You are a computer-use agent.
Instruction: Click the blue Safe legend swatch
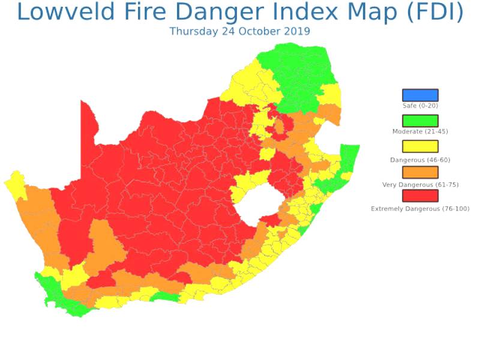point(420,95)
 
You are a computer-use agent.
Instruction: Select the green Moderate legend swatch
point(420,121)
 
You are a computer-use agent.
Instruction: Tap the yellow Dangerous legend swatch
point(420,146)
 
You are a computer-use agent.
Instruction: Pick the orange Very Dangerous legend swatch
point(420,171)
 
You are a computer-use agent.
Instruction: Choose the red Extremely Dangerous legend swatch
point(420,196)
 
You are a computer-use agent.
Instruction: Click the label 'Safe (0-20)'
point(420,106)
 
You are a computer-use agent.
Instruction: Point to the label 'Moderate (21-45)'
point(420,131)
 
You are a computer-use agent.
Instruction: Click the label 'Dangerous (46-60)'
point(420,160)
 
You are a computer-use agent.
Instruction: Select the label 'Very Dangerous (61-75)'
point(420,184)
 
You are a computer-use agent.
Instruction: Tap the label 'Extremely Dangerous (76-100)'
point(420,208)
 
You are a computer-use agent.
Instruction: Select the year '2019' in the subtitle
point(298,31)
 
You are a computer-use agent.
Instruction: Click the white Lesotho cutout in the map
point(257,204)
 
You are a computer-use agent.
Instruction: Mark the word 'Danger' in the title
point(229,13)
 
